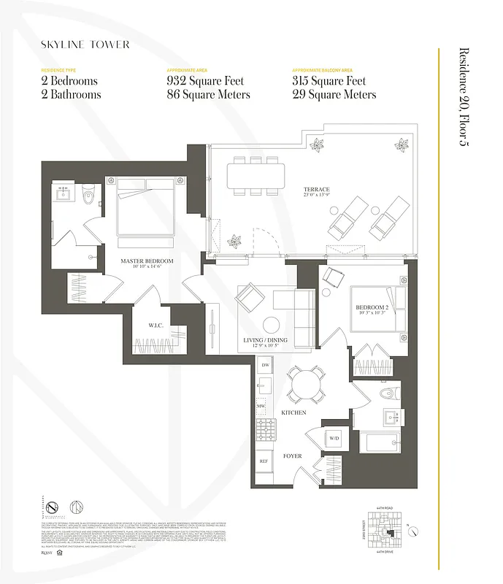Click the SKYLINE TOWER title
tap(85, 45)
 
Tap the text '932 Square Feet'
tap(205, 81)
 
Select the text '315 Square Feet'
tap(330, 81)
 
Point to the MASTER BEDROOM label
tap(147, 261)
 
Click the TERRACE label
tap(317, 190)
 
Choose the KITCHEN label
tap(293, 412)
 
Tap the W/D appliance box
tap(334, 439)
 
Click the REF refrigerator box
tap(263, 461)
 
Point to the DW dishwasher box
tap(266, 364)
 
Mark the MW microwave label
tap(260, 406)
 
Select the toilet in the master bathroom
tap(88, 194)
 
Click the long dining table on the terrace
tap(256, 175)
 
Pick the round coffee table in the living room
tap(272, 324)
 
